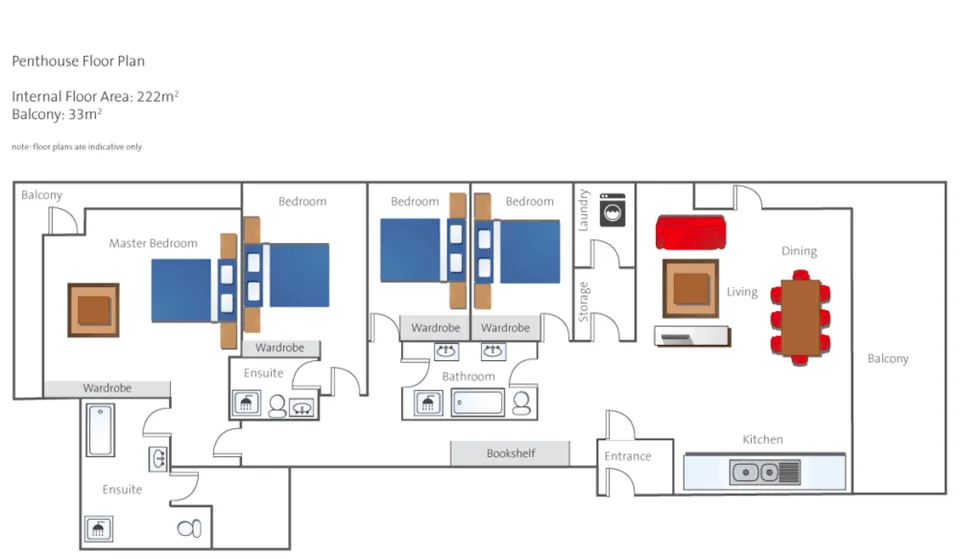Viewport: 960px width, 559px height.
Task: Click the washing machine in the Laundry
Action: [612, 210]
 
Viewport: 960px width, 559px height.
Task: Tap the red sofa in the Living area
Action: [689, 232]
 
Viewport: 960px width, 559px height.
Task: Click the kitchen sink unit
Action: [765, 472]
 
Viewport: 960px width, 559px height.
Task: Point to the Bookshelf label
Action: [510, 454]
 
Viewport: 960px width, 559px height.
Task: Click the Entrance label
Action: [628, 457]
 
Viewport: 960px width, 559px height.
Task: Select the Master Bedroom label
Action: [153, 243]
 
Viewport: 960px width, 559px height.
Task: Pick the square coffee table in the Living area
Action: [691, 288]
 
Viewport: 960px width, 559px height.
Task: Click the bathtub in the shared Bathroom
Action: [479, 404]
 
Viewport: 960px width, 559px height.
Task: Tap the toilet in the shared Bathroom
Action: [521, 402]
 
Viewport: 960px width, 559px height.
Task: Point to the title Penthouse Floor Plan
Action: [78, 61]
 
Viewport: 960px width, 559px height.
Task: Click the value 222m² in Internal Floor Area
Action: [158, 97]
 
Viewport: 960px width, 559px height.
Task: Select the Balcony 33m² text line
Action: [58, 114]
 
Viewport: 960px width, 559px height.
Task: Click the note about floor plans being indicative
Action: [77, 147]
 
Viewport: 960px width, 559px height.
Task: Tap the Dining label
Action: [799, 251]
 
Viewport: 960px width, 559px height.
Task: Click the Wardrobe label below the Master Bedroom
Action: [107, 388]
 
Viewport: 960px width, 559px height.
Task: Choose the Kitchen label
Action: [762, 439]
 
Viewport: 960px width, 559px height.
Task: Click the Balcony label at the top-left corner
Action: [42, 195]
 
